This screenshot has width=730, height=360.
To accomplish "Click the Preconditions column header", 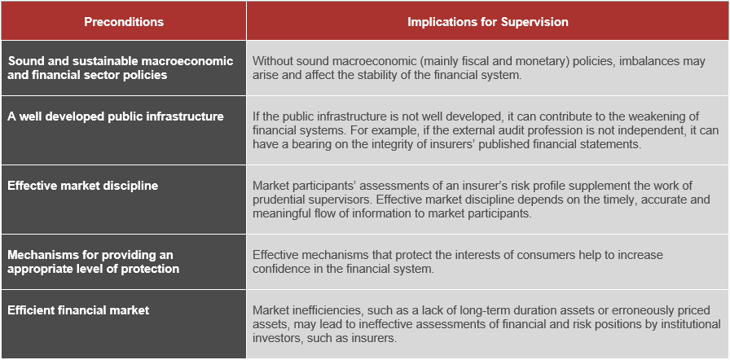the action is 124,22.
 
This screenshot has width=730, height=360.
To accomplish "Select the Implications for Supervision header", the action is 488,22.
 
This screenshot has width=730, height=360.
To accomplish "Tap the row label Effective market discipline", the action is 83,186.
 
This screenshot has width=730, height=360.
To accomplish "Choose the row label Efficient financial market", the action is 78,310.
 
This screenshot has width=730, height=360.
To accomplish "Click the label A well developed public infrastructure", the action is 116,116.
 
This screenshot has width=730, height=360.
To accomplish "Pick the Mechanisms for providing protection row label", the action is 93,262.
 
